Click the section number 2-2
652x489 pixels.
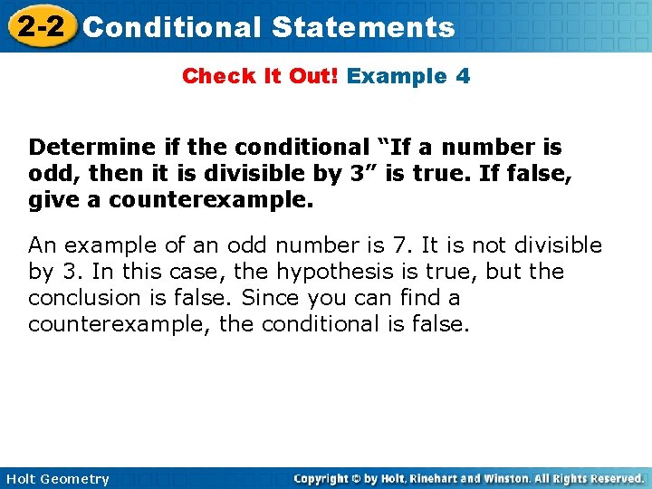[42, 26]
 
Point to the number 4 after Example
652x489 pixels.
[463, 76]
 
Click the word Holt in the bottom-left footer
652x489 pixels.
[23, 479]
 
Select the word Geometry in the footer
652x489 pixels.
[77, 479]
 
